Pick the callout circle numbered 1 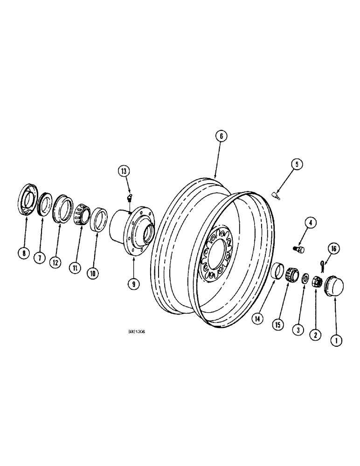click(x=335, y=341)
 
